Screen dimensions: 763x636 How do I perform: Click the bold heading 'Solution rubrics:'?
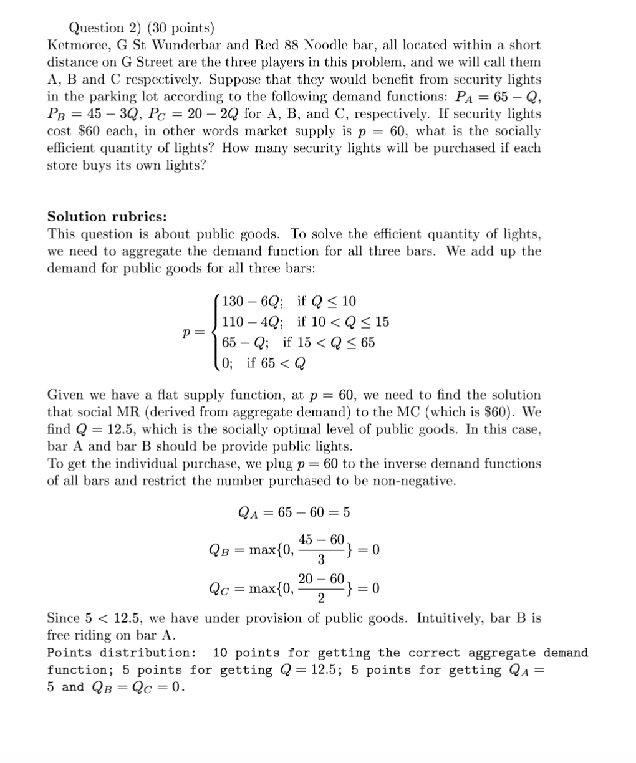[107, 216]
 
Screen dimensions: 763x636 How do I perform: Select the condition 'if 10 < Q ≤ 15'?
[343, 322]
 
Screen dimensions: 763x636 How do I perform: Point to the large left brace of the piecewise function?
[216, 332]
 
